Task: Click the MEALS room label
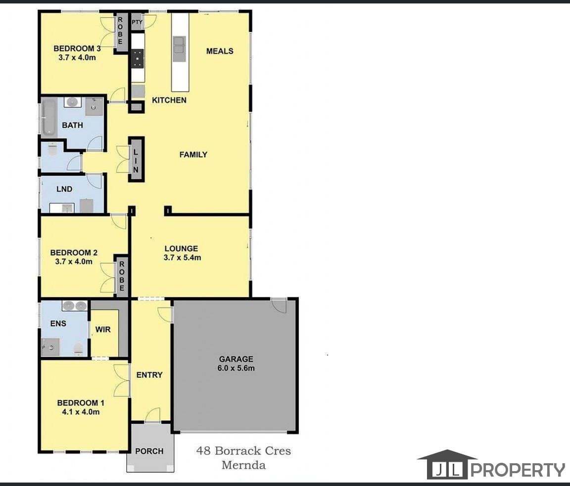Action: click(x=220, y=51)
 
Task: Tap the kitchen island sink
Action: click(x=179, y=48)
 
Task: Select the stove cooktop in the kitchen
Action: click(x=138, y=58)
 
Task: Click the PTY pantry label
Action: click(x=137, y=22)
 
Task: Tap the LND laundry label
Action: click(x=64, y=189)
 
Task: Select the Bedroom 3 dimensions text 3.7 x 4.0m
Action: click(x=77, y=57)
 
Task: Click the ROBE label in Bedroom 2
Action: click(x=122, y=276)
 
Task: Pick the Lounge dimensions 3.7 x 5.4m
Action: click(x=182, y=258)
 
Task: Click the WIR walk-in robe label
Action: click(x=103, y=329)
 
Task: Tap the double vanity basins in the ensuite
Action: click(x=75, y=306)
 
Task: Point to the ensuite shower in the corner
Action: click(x=50, y=347)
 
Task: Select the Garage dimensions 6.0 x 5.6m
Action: click(x=236, y=368)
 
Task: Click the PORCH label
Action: click(x=149, y=451)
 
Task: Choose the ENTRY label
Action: click(x=149, y=375)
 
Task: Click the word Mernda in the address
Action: click(x=243, y=465)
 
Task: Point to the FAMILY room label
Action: click(x=193, y=155)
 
